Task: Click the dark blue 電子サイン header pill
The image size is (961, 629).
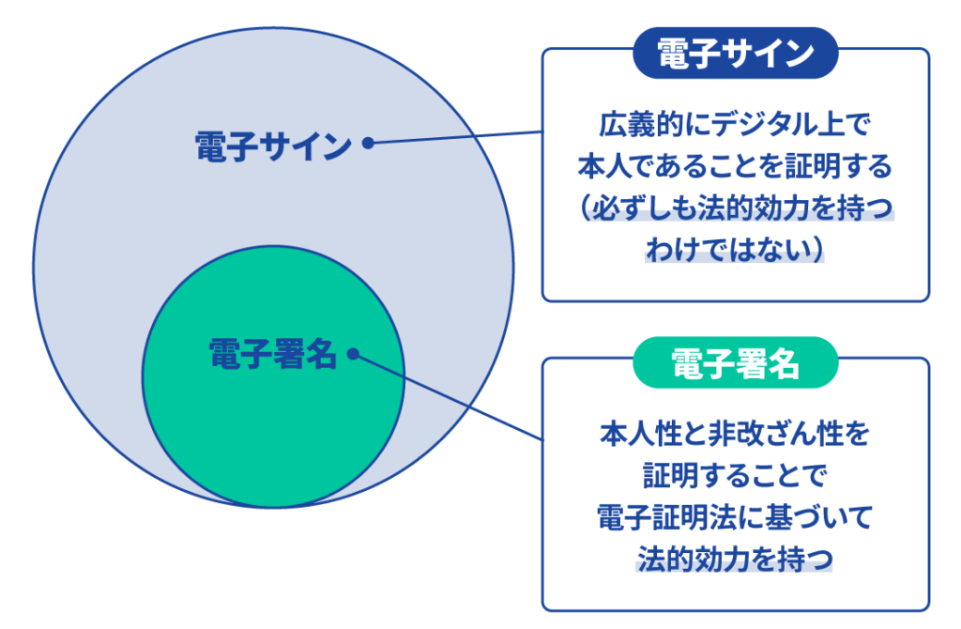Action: [x=735, y=53]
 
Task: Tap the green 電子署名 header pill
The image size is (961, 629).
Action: [x=735, y=363]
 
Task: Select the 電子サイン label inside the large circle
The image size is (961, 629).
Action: [x=273, y=146]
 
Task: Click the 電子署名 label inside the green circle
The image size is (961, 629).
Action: [x=271, y=354]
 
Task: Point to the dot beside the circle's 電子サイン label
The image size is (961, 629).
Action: [x=368, y=144]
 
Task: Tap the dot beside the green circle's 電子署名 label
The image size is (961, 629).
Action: [x=353, y=354]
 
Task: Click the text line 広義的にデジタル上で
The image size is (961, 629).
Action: [x=735, y=125]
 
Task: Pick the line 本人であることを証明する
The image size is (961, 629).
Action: [x=735, y=168]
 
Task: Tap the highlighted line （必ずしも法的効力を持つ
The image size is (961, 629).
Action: [x=735, y=208]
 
